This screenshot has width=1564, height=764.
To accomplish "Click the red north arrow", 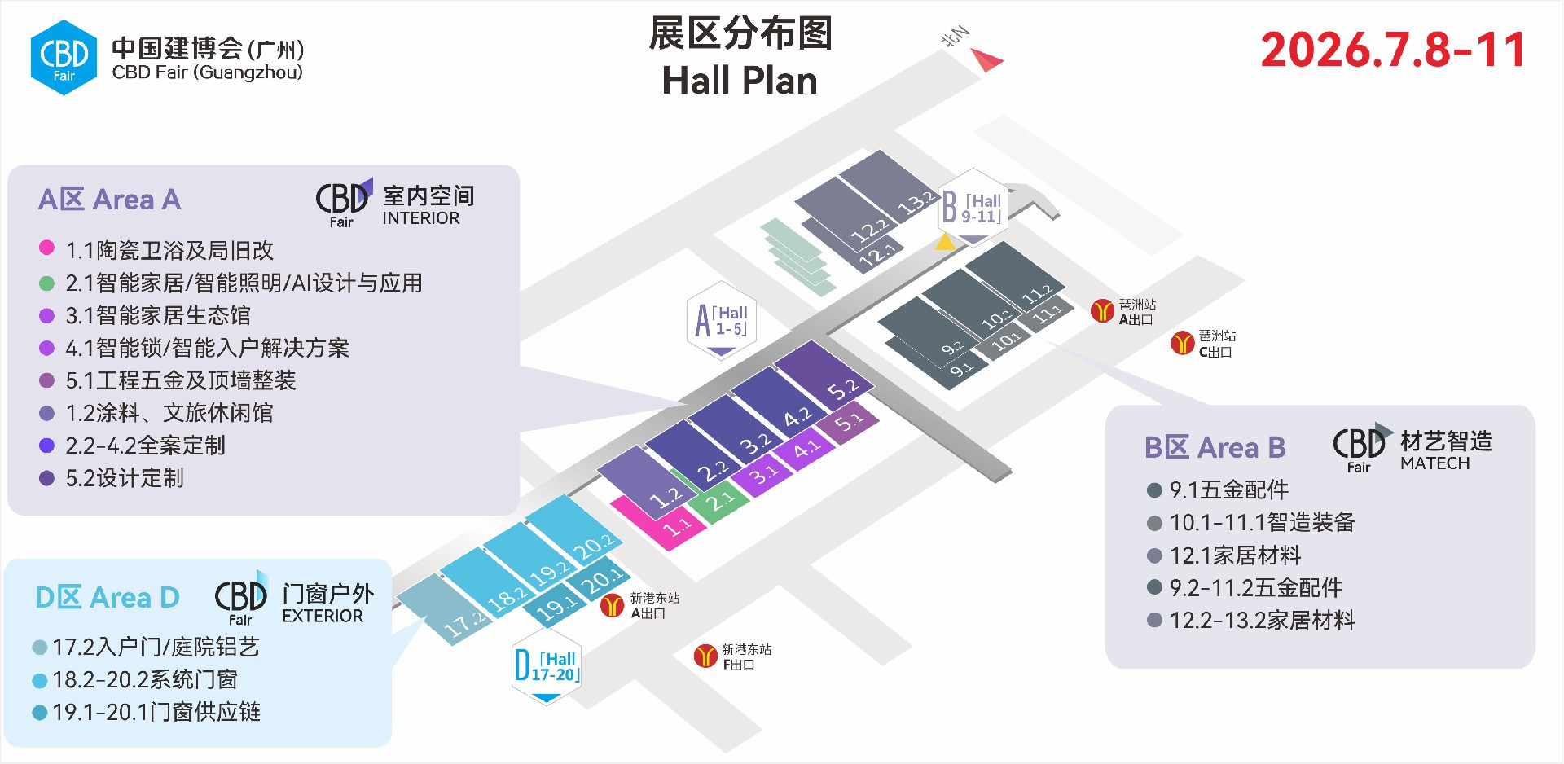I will pyautogui.click(x=988, y=59).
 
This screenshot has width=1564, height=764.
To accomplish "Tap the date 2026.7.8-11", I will pyautogui.click(x=1393, y=50).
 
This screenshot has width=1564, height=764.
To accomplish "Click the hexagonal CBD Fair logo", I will pyautogui.click(x=64, y=58).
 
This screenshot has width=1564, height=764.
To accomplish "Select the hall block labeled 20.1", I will pyautogui.click(x=599, y=580).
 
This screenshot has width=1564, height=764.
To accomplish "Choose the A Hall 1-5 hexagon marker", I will pyautogui.click(x=721, y=321).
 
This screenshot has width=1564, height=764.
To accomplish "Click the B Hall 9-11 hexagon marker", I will pyautogui.click(x=973, y=208).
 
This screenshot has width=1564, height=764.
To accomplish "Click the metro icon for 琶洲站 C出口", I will pyautogui.click(x=1182, y=344).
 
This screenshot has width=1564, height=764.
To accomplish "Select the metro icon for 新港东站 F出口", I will pyautogui.click(x=705, y=656).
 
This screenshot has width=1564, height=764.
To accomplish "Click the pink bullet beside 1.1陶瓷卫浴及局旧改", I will pyautogui.click(x=46, y=248).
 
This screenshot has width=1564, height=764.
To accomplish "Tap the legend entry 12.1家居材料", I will pyautogui.click(x=1235, y=555).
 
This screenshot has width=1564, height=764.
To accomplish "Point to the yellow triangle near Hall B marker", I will pyautogui.click(x=945, y=242).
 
